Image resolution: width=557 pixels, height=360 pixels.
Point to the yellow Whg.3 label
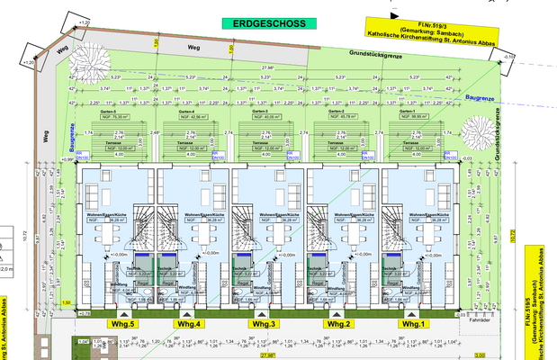click(264, 323)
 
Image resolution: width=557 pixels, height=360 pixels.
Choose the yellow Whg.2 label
click(337, 323)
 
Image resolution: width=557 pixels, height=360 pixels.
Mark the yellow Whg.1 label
click(412, 323)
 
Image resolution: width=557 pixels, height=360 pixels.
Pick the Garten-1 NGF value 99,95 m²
click(412, 116)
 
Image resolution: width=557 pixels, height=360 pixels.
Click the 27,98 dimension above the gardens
click(268, 67)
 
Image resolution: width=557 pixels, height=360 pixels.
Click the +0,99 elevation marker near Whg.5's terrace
click(67, 159)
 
